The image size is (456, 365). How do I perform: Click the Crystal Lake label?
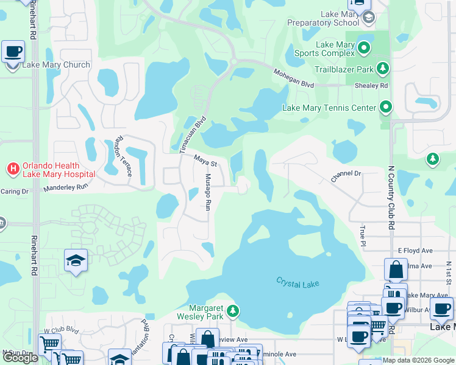(x=297, y=283)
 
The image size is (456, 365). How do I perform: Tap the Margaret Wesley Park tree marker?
(x=232, y=311)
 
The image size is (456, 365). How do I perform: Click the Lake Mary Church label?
(x=55, y=65)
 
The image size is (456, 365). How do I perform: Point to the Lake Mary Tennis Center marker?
(x=386, y=108)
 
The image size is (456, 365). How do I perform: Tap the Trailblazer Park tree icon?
(x=383, y=68)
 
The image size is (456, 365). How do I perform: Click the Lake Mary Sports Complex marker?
(x=365, y=47)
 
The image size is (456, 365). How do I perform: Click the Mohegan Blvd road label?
(x=293, y=78)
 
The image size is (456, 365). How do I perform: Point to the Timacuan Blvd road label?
(x=194, y=129)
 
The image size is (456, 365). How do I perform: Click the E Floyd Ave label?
(x=415, y=250)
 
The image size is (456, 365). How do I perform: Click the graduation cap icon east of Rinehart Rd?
(x=76, y=260)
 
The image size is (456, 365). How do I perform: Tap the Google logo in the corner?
(x=20, y=358)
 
